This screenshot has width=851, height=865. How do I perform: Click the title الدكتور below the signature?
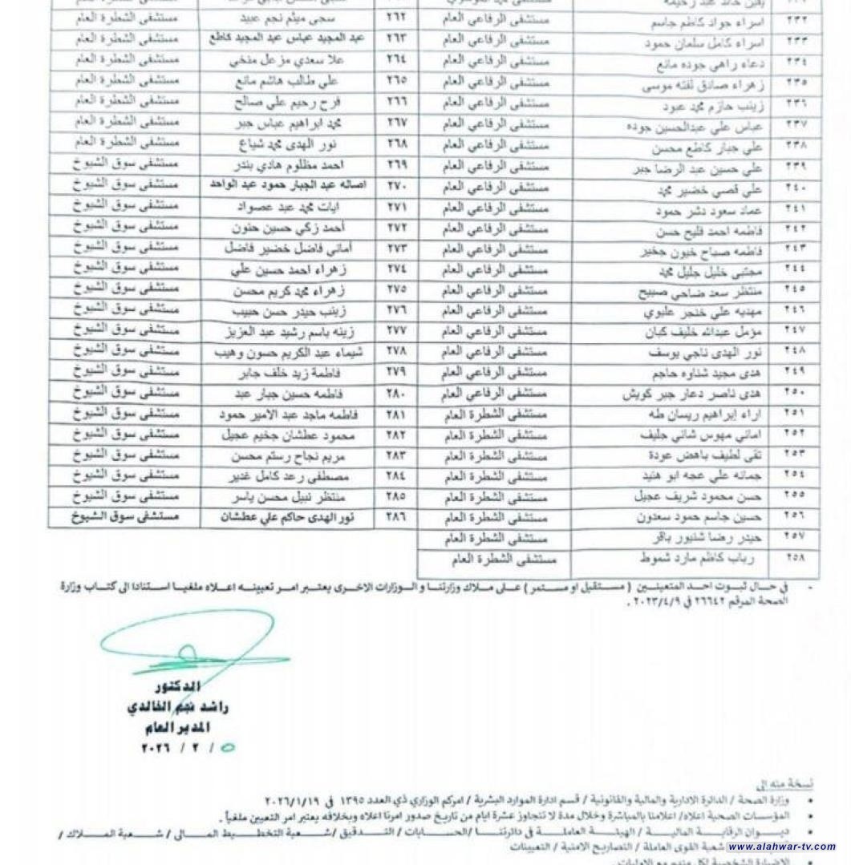[177, 688]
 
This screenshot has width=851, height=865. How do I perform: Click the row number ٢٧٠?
[396, 184]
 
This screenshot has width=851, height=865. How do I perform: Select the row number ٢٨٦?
[396, 517]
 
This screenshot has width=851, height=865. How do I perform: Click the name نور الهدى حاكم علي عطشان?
[286, 517]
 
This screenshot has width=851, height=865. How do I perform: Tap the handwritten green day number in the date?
[228, 748]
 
